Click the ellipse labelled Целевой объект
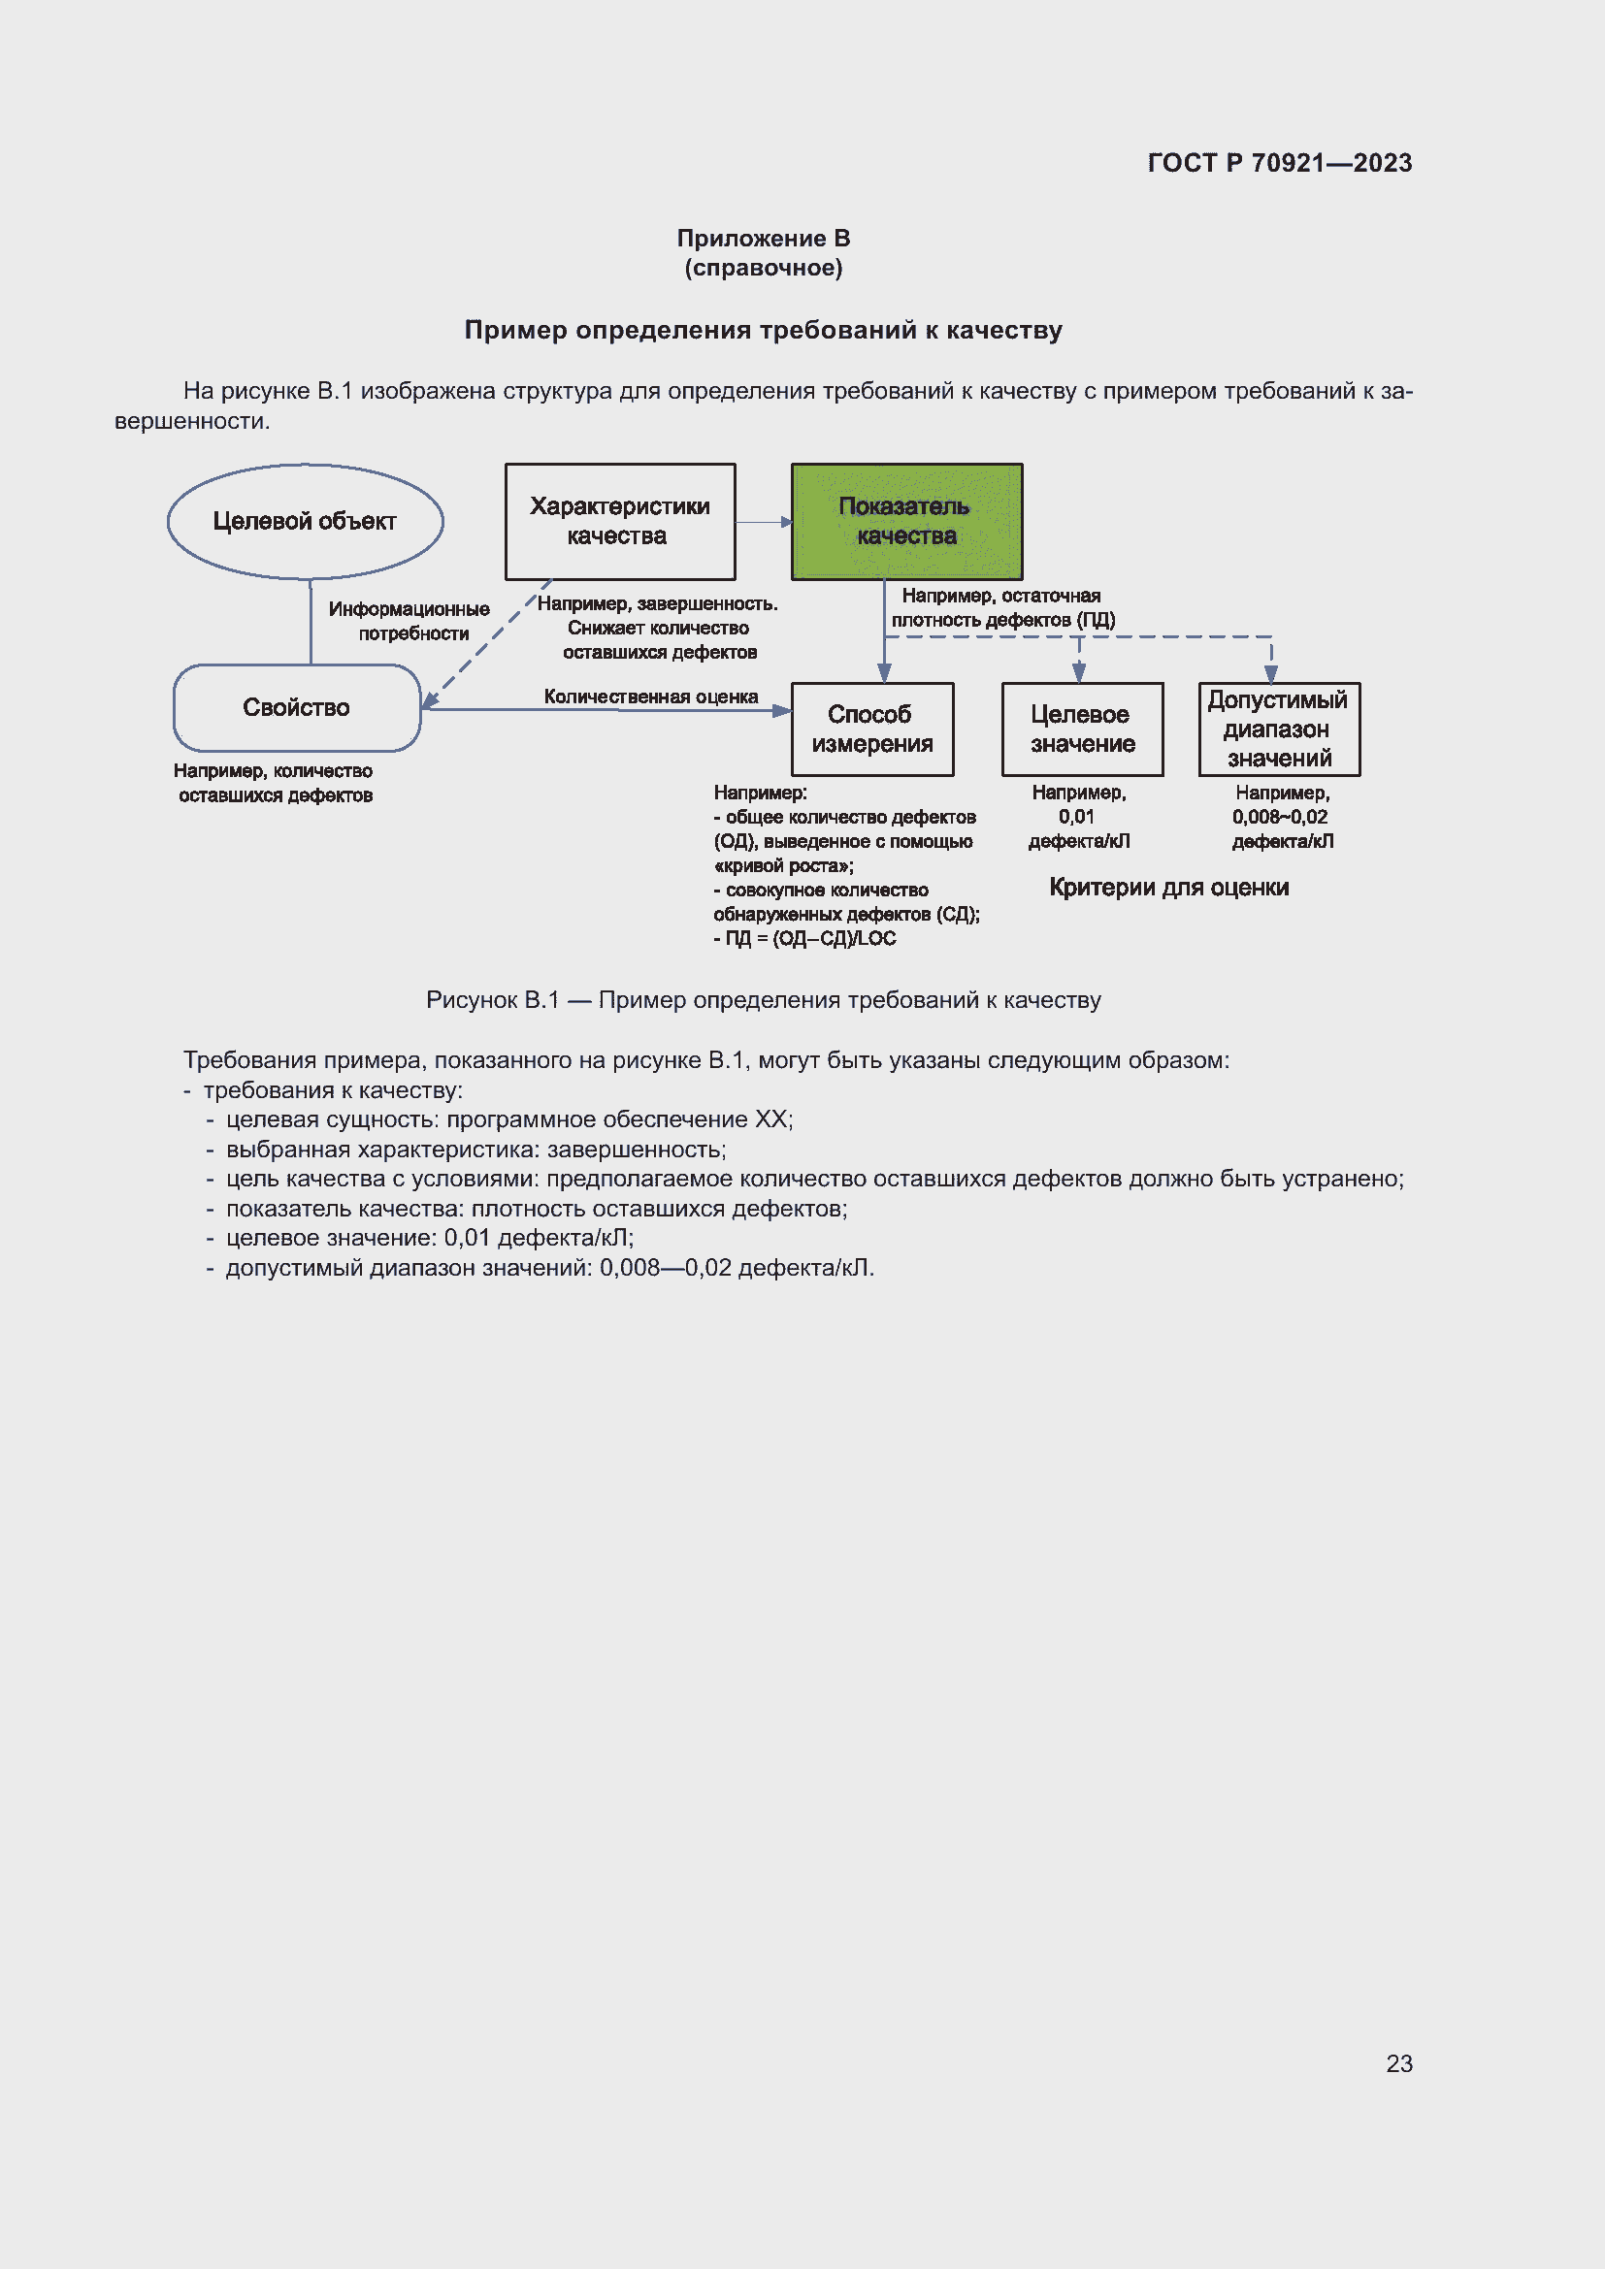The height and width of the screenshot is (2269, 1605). click(305, 521)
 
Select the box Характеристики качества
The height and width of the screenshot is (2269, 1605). click(620, 521)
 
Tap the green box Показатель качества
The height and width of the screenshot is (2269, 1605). click(906, 521)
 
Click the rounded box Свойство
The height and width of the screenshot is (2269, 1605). click(297, 707)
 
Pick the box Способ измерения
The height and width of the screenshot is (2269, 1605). click(871, 729)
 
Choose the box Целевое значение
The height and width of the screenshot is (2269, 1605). click(1082, 729)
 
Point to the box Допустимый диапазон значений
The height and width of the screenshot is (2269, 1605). click(1279, 729)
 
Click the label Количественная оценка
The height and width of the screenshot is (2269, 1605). click(650, 697)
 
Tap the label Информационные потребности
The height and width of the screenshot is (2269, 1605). click(409, 621)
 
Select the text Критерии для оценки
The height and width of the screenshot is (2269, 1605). click(1168, 888)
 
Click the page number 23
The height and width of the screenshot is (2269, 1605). click(1398, 2063)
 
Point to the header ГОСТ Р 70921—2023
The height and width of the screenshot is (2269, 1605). click(1279, 163)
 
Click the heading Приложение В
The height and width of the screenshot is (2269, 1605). click(763, 239)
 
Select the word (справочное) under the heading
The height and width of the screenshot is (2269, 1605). click(763, 268)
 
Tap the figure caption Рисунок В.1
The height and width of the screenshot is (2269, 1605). click(763, 1000)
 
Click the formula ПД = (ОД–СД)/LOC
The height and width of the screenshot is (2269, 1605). click(809, 939)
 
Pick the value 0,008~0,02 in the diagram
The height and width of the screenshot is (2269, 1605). click(1279, 817)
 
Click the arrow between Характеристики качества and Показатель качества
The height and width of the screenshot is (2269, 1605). click(763, 522)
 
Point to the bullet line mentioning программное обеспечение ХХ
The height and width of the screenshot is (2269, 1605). click(509, 1119)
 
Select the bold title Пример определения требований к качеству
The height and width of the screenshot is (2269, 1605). click(763, 330)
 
